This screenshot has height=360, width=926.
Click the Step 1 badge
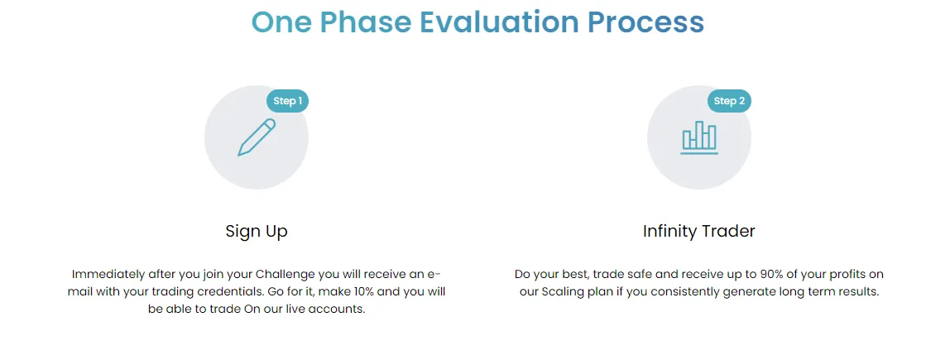pyautogui.click(x=287, y=101)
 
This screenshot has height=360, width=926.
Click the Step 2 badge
pyautogui.click(x=729, y=101)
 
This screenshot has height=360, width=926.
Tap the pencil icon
pyautogui.click(x=257, y=137)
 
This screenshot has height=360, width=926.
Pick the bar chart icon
pyautogui.click(x=699, y=137)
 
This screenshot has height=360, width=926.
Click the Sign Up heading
pyautogui.click(x=257, y=232)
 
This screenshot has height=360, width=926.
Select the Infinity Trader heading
pyautogui.click(x=699, y=232)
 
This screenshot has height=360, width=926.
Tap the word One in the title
pyautogui.click(x=281, y=22)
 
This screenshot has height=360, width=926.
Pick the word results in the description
pyautogui.click(x=856, y=292)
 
